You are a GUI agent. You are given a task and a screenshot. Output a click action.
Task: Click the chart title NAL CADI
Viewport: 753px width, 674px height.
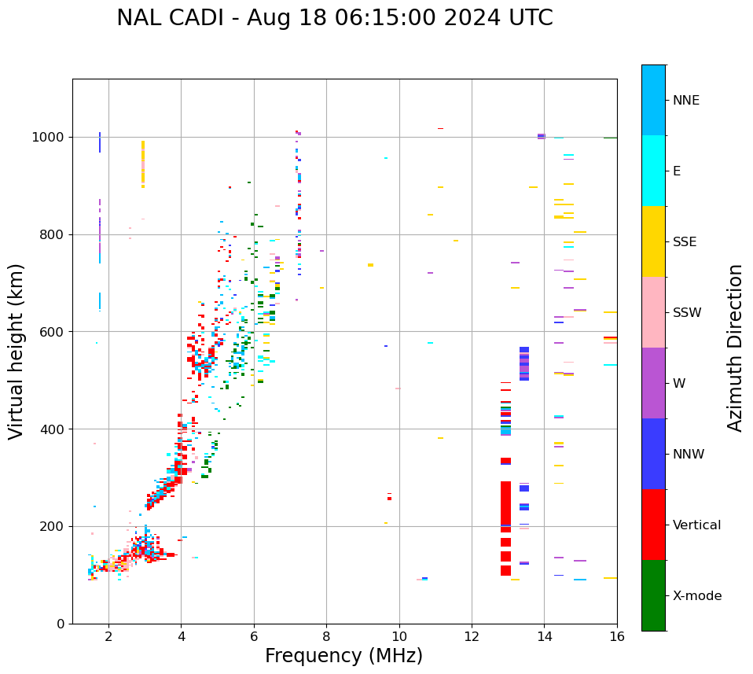pos(334,18)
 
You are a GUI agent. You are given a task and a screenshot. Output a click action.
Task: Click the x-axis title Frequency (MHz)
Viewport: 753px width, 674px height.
pos(343,656)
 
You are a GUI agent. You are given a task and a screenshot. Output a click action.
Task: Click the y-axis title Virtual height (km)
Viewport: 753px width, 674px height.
pos(17,352)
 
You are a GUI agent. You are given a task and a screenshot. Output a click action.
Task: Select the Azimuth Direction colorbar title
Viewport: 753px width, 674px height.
pos(735,348)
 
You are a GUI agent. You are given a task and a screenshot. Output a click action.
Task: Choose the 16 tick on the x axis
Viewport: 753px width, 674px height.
pos(617,635)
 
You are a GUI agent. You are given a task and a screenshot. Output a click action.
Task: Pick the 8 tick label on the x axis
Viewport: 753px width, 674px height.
pos(326,635)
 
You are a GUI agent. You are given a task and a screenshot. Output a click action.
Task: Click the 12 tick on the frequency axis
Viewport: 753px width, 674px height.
pos(472,635)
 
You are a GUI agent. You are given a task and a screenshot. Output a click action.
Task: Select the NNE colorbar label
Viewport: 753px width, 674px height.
pos(685,101)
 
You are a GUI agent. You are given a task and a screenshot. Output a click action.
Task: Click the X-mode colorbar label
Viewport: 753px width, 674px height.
pos(697,596)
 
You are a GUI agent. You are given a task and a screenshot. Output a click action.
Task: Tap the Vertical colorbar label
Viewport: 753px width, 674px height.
pos(696,525)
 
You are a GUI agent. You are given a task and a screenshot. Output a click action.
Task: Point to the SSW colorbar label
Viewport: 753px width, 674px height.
pos(687,313)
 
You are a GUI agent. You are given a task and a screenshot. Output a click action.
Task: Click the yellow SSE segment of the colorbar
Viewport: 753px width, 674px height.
pos(653,241)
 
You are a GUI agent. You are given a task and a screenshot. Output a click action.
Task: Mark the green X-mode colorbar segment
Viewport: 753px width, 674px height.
pos(653,595)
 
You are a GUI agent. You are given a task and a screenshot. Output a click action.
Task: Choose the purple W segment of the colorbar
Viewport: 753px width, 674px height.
pos(653,383)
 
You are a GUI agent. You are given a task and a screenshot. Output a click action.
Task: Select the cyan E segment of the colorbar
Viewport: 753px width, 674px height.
pos(653,171)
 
